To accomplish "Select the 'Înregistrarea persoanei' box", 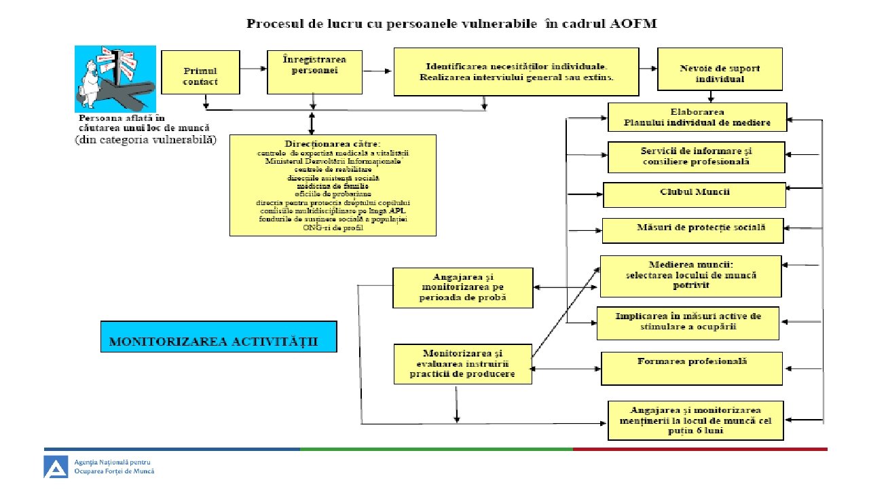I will [314, 71].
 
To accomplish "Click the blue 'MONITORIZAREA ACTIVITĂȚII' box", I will [219, 336].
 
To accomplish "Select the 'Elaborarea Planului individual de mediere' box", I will [697, 117].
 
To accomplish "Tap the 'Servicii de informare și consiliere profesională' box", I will [695, 157].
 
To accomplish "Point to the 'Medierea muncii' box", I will [690, 276].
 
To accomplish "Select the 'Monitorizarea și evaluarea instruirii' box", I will [463, 364].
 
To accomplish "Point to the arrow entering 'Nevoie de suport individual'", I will [648, 69].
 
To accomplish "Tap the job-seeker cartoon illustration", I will [115, 78].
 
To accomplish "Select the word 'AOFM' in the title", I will [633, 24].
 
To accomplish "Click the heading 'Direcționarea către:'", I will [333, 144].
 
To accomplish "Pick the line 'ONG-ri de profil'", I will [333, 228].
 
